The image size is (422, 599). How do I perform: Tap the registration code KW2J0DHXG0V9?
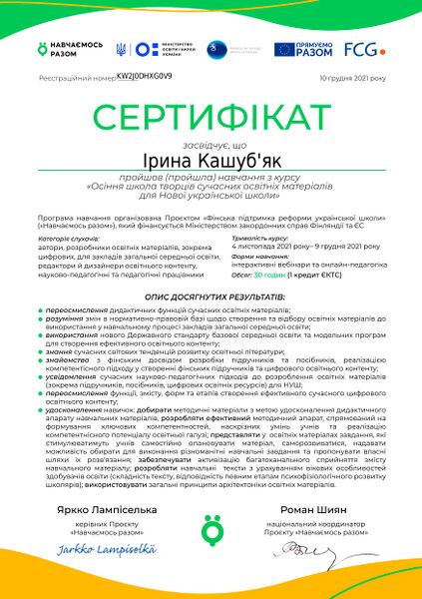tap(145, 76)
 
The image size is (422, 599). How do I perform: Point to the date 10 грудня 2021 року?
tap(352, 77)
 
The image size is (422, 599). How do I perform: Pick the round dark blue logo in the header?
tap(211, 48)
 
